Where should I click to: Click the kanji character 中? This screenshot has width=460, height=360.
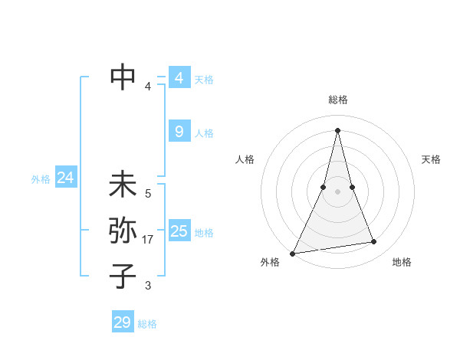click(x=123, y=77)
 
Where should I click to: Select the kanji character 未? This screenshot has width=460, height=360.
click(x=123, y=185)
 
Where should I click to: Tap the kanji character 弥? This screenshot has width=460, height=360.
click(x=123, y=231)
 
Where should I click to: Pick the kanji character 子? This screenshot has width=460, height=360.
click(x=123, y=276)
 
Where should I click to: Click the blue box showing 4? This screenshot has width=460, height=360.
click(x=179, y=78)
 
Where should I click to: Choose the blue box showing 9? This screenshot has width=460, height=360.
click(x=179, y=132)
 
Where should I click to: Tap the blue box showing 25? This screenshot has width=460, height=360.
click(x=179, y=231)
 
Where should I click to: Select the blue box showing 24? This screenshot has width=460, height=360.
click(x=65, y=178)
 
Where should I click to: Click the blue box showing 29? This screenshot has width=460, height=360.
click(x=123, y=322)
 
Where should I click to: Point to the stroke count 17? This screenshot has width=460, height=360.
click(x=148, y=240)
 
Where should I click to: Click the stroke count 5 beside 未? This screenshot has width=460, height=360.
click(x=148, y=194)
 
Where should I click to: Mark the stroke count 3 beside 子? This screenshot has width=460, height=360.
click(x=148, y=286)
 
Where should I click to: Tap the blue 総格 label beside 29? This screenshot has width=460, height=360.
click(x=147, y=324)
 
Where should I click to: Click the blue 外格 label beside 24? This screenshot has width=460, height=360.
click(x=41, y=179)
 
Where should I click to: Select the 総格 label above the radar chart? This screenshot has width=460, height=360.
click(x=337, y=100)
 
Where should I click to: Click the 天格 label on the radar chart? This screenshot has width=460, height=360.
click(x=431, y=159)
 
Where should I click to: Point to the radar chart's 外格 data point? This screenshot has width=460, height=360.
click(x=293, y=253)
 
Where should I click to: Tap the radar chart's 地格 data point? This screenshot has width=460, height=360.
click(x=374, y=242)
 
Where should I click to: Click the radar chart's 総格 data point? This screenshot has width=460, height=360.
click(x=337, y=129)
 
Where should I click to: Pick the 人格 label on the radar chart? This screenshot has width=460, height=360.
click(x=245, y=159)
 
